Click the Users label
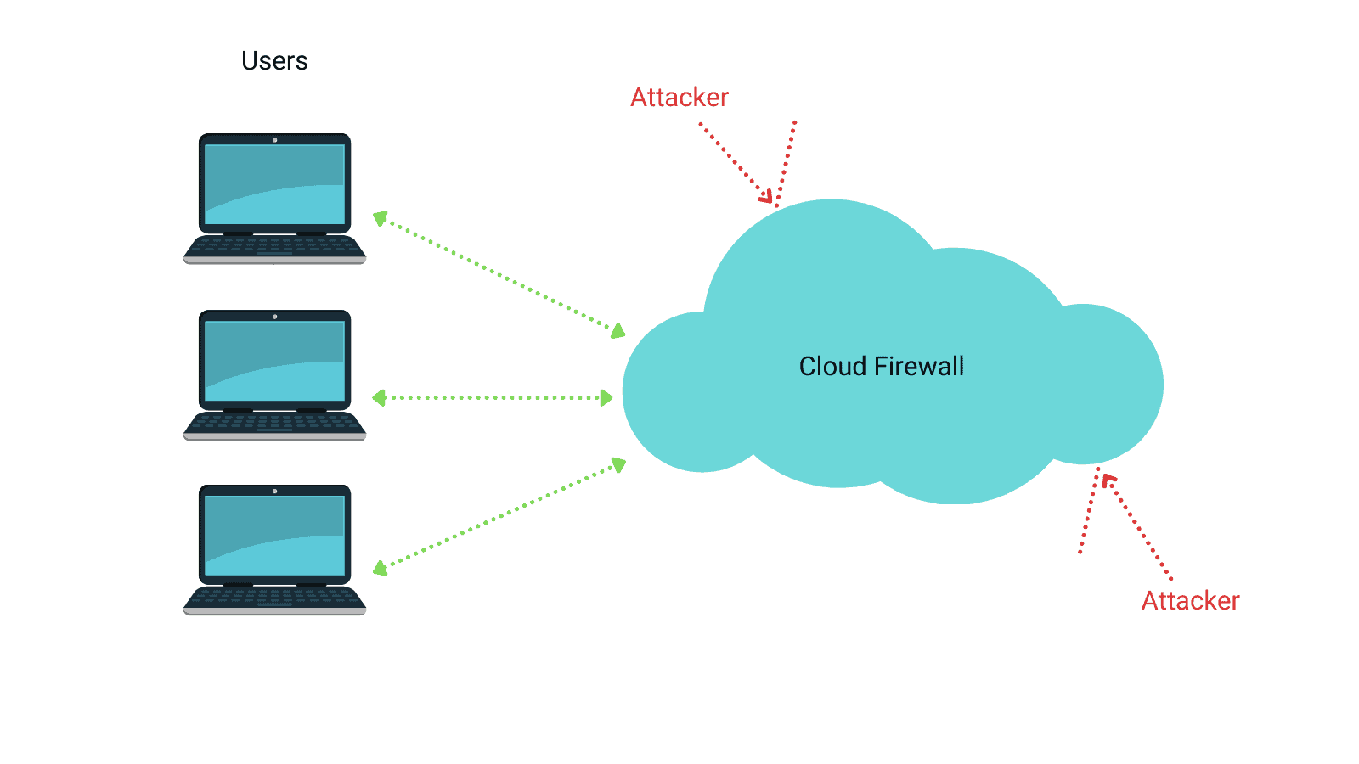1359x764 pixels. pyautogui.click(x=274, y=61)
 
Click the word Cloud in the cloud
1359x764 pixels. pyautogui.click(x=832, y=367)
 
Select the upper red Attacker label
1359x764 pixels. pyautogui.click(x=679, y=98)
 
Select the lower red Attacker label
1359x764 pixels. pyautogui.click(x=1190, y=601)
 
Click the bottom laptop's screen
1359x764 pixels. pyautogui.click(x=274, y=536)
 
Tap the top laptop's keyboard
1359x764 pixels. pyautogui.click(x=274, y=246)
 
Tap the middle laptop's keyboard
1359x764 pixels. pyautogui.click(x=274, y=423)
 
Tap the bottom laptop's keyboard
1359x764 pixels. pyautogui.click(x=274, y=598)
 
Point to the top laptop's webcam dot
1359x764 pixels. pyautogui.click(x=274, y=140)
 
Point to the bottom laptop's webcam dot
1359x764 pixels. pyautogui.click(x=274, y=492)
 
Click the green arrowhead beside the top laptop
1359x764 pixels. pyautogui.click(x=381, y=219)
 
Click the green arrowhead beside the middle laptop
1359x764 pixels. pyautogui.click(x=380, y=397)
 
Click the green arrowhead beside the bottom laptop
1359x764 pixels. pyautogui.click(x=381, y=568)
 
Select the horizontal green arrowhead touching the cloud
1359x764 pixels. pyautogui.click(x=606, y=397)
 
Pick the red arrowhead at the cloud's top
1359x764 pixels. pyautogui.click(x=766, y=197)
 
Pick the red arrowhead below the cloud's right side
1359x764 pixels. pyautogui.click(x=1108, y=480)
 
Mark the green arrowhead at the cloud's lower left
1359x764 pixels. pyautogui.click(x=619, y=465)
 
